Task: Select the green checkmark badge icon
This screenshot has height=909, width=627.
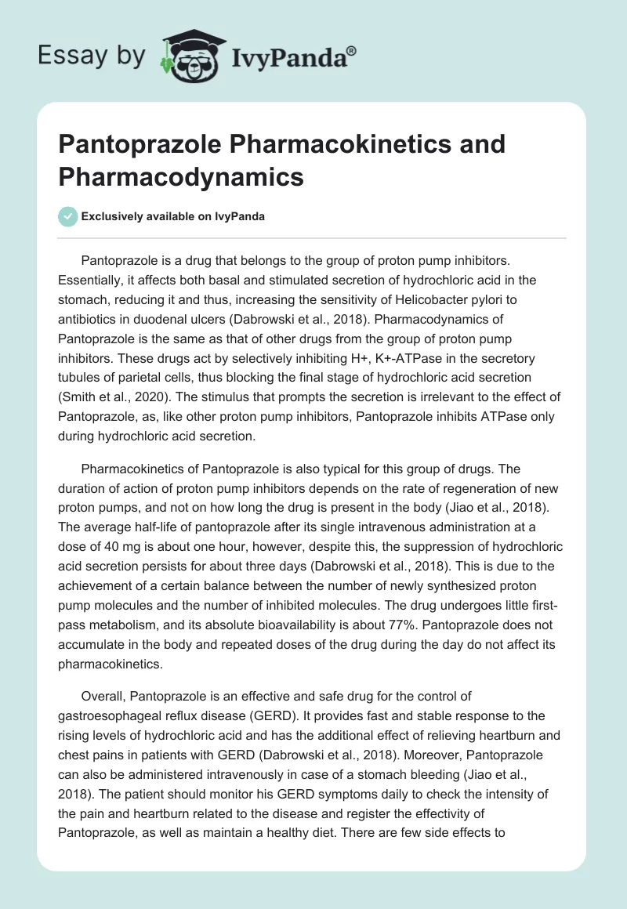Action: point(67,216)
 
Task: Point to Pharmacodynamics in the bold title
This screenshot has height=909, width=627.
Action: point(181,176)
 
